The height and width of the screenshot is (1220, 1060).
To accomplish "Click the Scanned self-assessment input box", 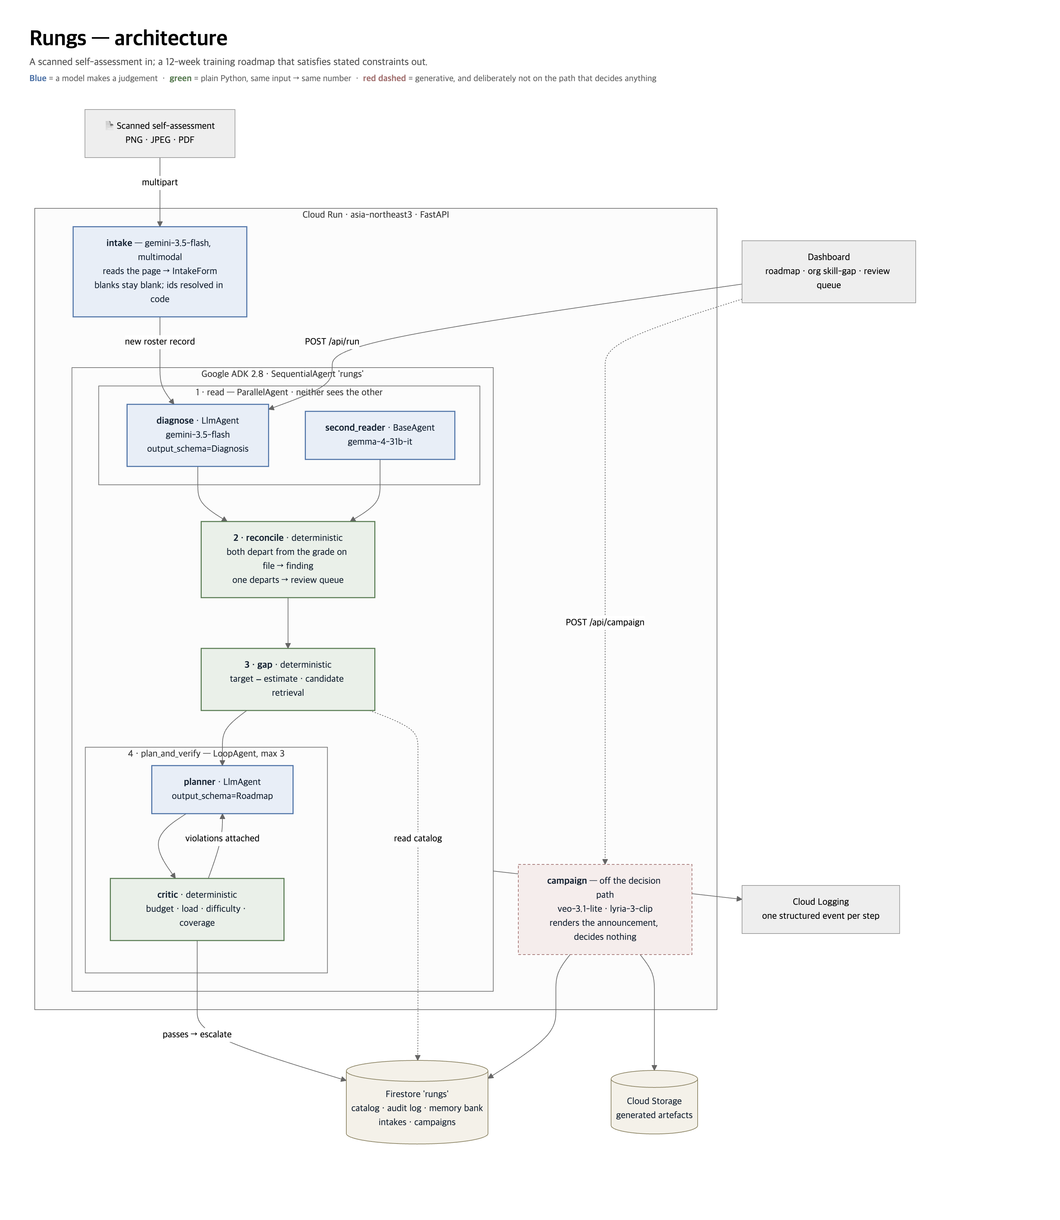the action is pos(160,133).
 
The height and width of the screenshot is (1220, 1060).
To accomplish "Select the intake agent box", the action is pos(160,271).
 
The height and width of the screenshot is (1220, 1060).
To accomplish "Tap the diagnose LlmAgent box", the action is pos(198,435).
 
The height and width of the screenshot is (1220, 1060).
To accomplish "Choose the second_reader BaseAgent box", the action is pos(380,435).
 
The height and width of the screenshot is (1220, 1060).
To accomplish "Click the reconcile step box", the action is pos(288,560).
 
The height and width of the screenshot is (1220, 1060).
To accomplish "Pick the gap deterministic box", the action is pos(288,679).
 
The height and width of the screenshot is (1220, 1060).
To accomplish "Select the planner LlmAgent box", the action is pos(222,790).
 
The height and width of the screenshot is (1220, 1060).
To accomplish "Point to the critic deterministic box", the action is pos(197,909).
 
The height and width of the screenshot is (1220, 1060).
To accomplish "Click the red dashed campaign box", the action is pos(605,909).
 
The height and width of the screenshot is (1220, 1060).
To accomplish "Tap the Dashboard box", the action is pos(829,271).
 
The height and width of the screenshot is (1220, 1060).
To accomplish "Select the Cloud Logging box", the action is pos(821,909).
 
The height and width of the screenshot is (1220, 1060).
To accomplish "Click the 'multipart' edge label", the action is pos(160,182).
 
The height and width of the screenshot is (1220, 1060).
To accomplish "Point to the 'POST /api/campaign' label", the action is pos(605,622).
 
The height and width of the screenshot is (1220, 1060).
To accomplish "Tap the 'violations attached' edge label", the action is pos(222,838).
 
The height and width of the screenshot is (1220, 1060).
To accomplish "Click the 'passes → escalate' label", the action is pos(197,1034).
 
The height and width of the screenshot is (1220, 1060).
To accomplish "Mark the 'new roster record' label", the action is pos(160,341).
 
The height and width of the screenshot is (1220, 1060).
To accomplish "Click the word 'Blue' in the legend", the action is pos(38,78).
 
